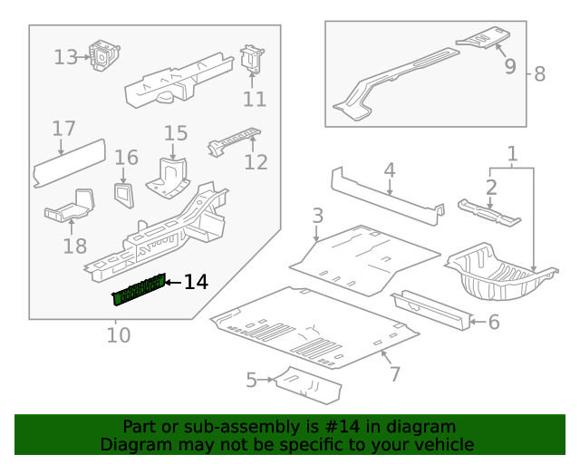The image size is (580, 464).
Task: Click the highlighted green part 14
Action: (139, 291)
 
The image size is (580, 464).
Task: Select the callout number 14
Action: (196, 283)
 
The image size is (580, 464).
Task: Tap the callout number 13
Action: (66, 57)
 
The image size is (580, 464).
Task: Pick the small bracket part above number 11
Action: (251, 60)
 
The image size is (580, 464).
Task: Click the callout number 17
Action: (63, 129)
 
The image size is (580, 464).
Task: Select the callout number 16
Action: (126, 158)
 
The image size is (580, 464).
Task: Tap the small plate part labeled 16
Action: (121, 191)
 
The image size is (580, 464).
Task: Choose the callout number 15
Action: (176, 134)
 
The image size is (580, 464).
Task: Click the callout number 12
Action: (256, 162)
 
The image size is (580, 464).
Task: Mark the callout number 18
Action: (75, 246)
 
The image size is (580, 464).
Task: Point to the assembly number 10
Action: (119, 335)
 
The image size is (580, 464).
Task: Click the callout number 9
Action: (509, 66)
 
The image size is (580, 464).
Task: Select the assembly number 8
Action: (539, 74)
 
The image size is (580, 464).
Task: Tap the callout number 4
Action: (389, 169)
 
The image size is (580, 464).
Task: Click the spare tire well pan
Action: (498, 272)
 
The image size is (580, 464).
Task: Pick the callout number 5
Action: (251, 380)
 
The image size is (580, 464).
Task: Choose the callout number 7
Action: (394, 373)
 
